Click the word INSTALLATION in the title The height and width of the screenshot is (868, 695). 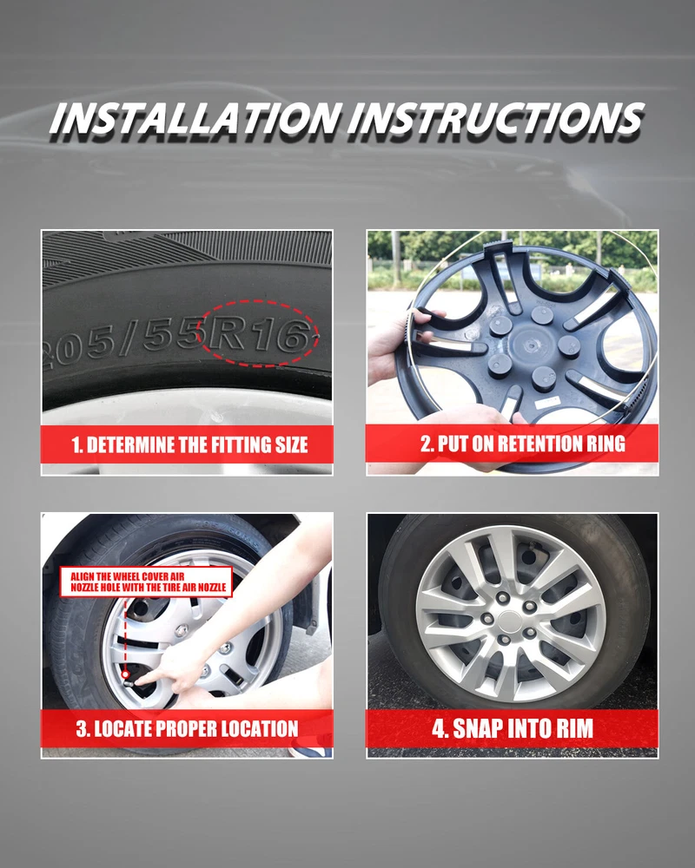click(195, 118)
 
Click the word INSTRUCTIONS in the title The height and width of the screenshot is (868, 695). click(496, 118)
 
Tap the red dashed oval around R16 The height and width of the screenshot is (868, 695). click(258, 302)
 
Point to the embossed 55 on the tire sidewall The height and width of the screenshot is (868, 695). click(172, 335)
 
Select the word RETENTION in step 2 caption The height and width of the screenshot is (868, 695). click(543, 444)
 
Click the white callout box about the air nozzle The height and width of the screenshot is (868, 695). click(146, 582)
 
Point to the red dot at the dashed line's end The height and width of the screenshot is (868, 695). click(126, 674)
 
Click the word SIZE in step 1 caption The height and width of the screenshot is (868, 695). click(292, 445)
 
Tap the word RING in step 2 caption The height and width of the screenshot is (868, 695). click(608, 444)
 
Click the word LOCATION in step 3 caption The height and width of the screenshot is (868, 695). click(264, 728)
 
